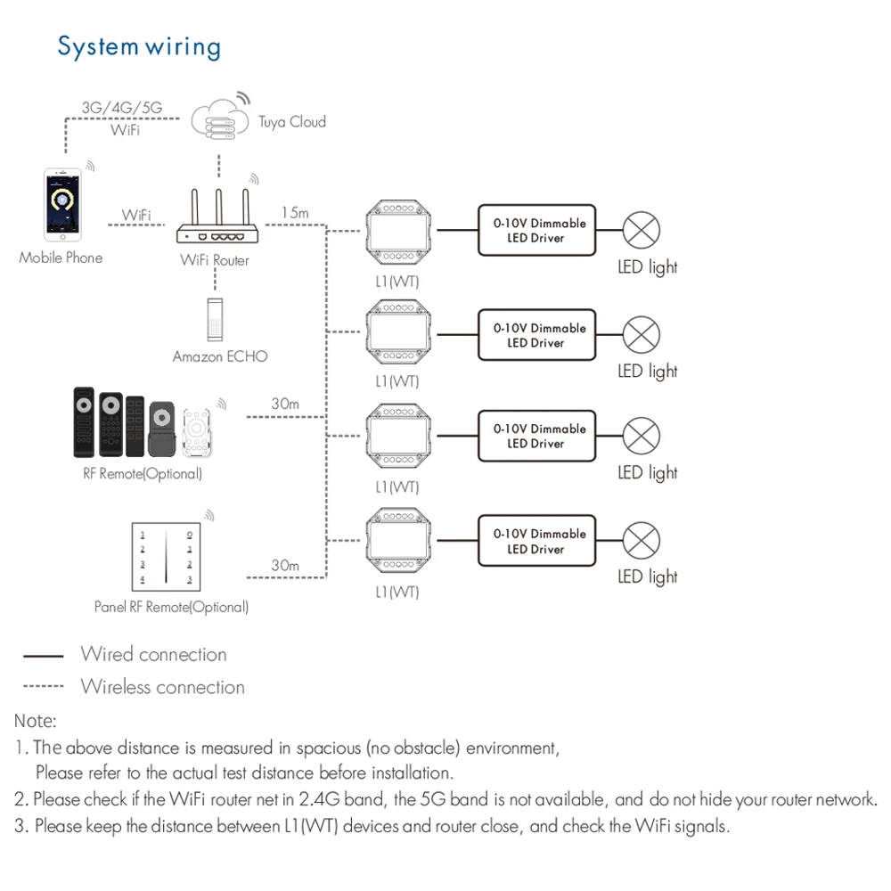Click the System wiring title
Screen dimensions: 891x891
[x=139, y=46]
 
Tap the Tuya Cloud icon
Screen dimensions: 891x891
[x=220, y=119]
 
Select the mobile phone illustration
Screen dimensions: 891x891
[x=62, y=205]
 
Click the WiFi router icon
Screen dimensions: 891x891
[x=217, y=217]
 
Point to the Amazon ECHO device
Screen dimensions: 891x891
[x=215, y=319]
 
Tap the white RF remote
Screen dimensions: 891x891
[x=197, y=433]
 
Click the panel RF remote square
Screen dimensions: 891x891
[x=166, y=557]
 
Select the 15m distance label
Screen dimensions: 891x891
[x=295, y=213]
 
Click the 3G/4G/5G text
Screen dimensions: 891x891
[x=122, y=108]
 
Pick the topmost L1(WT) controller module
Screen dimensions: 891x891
[x=398, y=232]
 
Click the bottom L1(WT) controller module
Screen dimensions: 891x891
[x=398, y=541]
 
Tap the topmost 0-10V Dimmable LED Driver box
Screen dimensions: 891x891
[x=537, y=230]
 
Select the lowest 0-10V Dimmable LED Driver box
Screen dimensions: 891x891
[x=537, y=541]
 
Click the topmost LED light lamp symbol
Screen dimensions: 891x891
[x=641, y=230]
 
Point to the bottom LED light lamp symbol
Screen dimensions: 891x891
[x=641, y=541]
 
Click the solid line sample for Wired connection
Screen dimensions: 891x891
[x=43, y=656]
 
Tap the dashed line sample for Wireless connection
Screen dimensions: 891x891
[x=43, y=686]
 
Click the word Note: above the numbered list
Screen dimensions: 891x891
[x=36, y=721]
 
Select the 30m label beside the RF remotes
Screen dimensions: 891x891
[x=285, y=404]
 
